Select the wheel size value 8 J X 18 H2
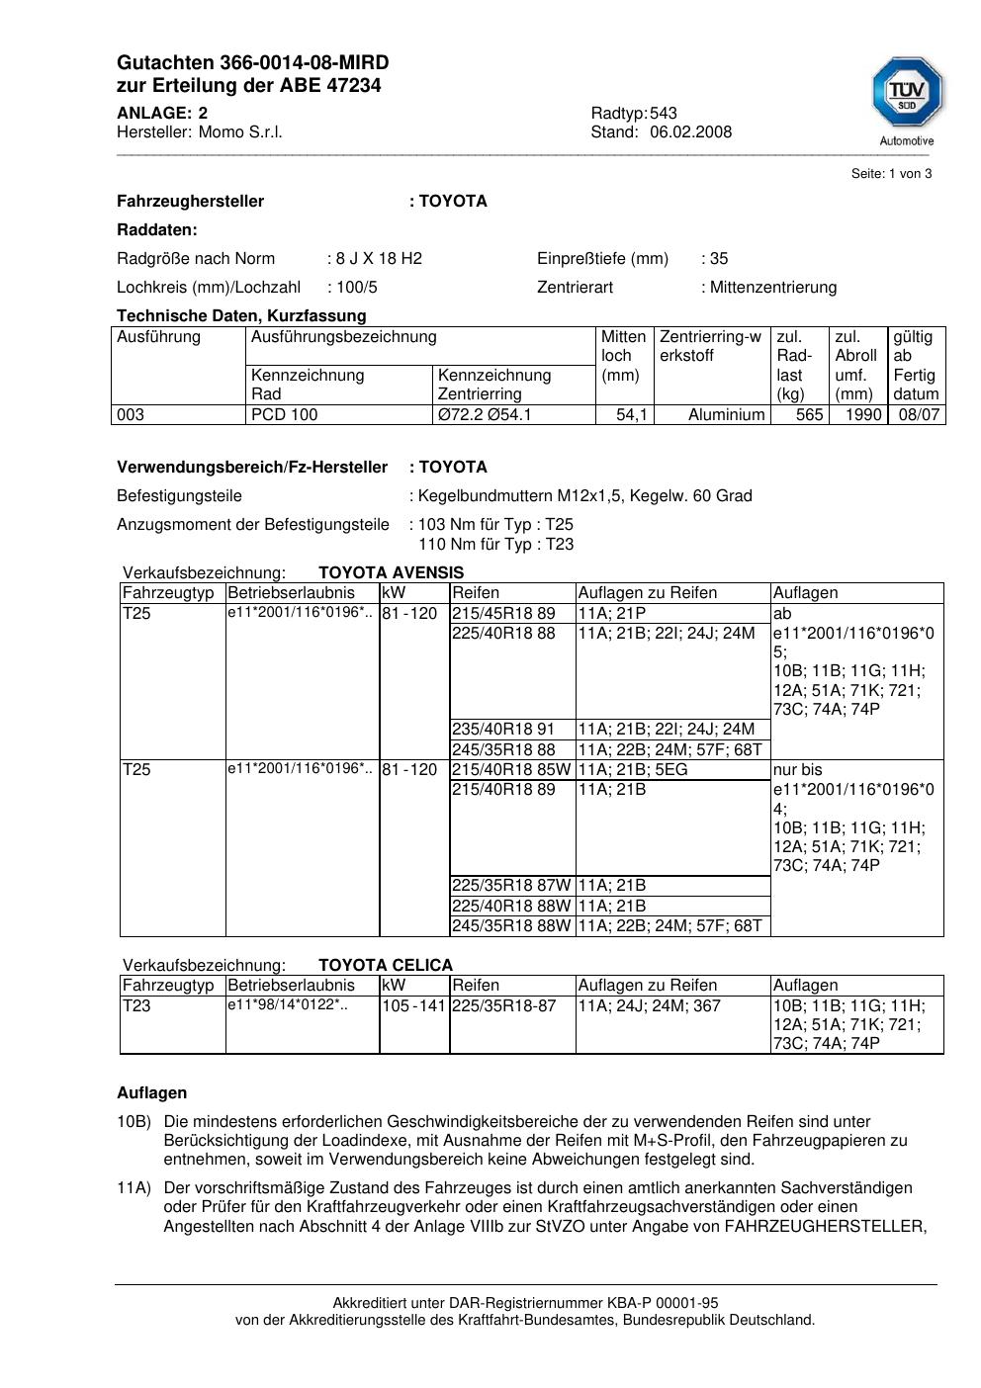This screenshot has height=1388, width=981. point(379,259)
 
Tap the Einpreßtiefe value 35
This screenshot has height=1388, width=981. point(719,259)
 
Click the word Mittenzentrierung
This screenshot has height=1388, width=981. point(773,288)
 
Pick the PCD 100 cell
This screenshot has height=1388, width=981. point(285,415)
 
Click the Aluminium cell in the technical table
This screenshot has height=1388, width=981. point(727,415)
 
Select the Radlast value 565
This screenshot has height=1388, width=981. point(809,415)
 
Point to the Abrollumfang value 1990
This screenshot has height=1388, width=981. point(863,415)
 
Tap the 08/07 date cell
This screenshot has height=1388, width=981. point(918,415)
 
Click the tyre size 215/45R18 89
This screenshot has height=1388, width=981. point(503,614)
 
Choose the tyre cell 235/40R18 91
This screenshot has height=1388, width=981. point(503,730)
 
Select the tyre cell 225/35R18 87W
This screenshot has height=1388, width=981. point(511,886)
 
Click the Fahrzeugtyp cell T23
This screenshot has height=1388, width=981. point(136,1006)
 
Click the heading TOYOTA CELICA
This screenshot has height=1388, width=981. point(386,966)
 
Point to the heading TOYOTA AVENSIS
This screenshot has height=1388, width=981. point(391,573)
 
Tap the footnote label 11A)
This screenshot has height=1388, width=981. point(134,1188)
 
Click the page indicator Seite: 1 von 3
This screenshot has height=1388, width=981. point(891,174)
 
